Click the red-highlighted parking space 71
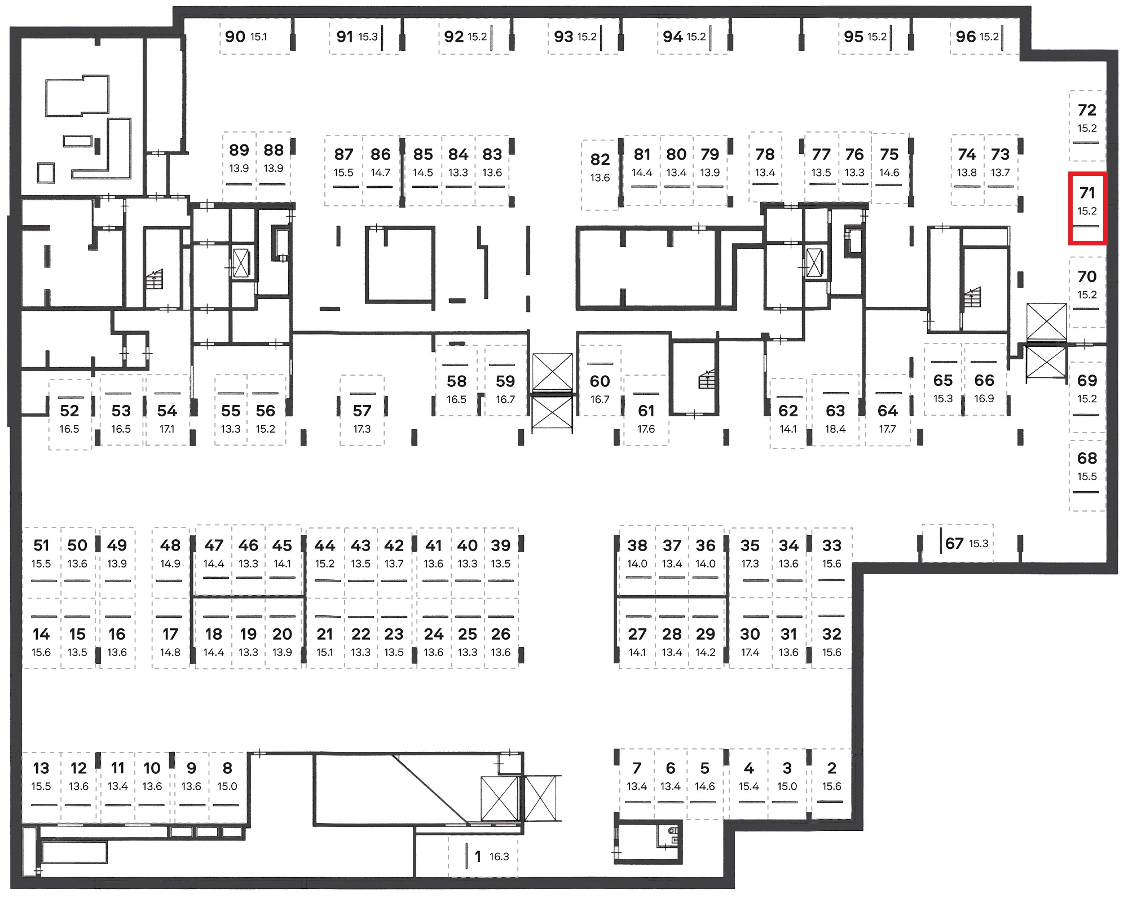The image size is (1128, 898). pyautogui.click(x=1087, y=209)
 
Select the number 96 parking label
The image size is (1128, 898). pyautogui.click(x=966, y=37)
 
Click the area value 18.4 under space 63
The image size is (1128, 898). pyautogui.click(x=835, y=429)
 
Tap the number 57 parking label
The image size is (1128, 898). pyautogui.click(x=362, y=411)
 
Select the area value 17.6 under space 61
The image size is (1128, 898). pyautogui.click(x=646, y=429)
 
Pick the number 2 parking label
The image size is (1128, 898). pyautogui.click(x=832, y=768)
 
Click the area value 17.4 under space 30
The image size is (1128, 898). pyautogui.click(x=750, y=653)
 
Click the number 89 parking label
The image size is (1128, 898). pyautogui.click(x=239, y=150)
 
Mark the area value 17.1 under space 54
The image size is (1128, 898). pyautogui.click(x=167, y=429)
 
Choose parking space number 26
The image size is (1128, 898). pyautogui.click(x=501, y=634)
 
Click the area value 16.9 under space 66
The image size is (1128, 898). pyautogui.click(x=984, y=399)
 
